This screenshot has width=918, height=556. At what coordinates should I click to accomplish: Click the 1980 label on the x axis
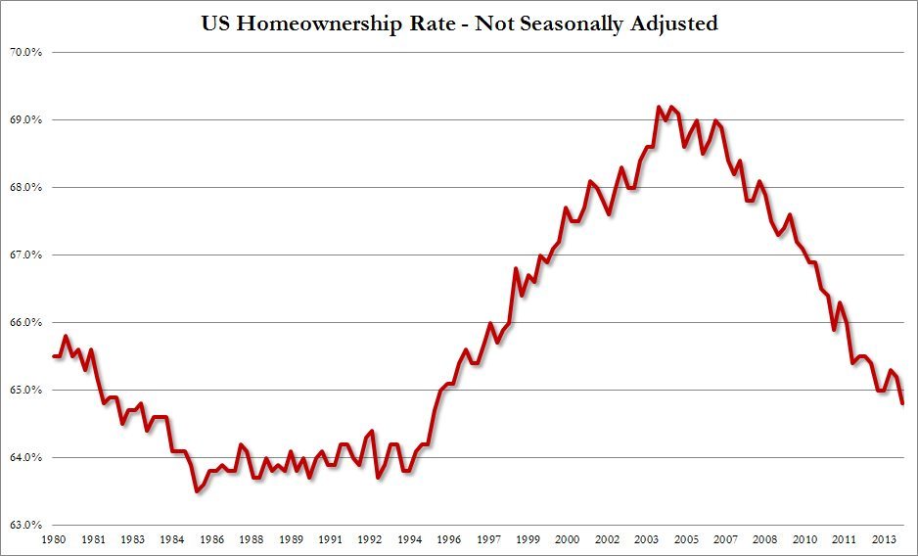click(53, 539)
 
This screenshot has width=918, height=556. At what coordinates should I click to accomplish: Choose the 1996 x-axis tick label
click(448, 539)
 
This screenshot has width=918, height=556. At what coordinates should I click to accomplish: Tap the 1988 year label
click(251, 539)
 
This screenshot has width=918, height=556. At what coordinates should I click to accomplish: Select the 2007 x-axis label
click(726, 539)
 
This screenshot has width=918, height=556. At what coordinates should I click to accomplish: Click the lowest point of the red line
click(197, 491)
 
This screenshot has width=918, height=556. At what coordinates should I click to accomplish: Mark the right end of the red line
click(901, 403)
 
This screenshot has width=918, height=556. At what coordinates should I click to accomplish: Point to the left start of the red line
click(53, 356)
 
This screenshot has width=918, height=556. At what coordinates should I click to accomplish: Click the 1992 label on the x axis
click(369, 539)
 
